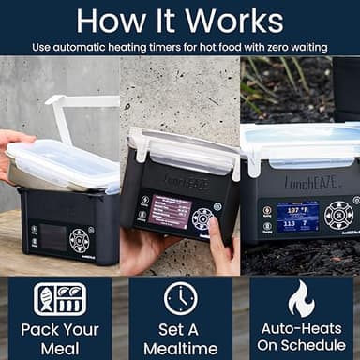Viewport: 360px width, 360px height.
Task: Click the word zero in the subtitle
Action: [265, 45]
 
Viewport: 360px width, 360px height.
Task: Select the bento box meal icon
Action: [60, 300]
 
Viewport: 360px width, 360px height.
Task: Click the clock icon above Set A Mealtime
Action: [180, 298]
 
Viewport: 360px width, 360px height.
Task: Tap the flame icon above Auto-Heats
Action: [300, 298]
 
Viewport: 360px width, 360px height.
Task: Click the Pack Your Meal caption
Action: [60, 337]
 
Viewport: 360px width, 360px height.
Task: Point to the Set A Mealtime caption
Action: [180, 337]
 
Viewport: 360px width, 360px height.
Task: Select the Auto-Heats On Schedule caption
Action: [300, 337]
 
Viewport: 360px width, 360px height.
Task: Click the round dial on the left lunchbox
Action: [79, 240]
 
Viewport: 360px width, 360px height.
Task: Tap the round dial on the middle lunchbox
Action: [202, 217]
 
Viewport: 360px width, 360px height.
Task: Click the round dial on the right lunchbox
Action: [337, 215]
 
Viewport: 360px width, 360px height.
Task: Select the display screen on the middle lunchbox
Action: [171, 209]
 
